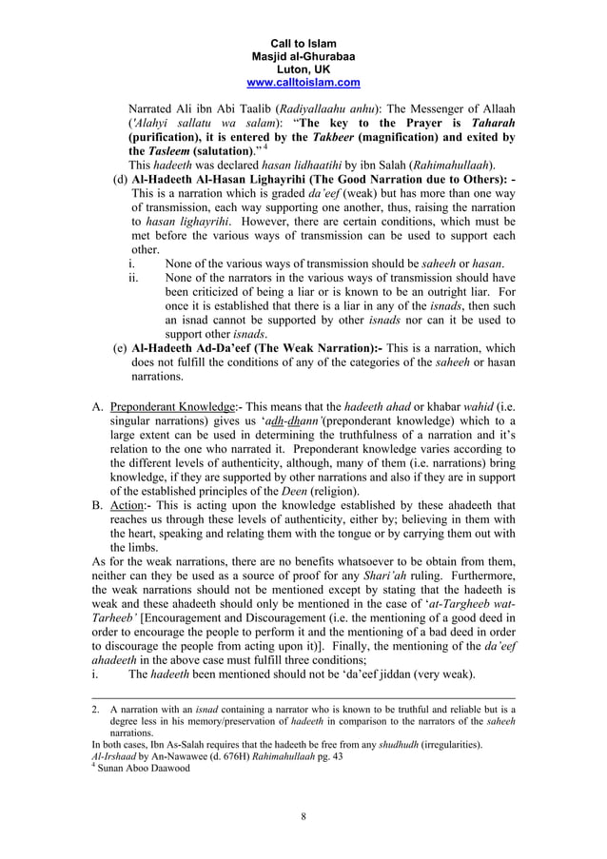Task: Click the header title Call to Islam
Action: click(303, 44)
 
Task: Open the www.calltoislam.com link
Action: click(303, 83)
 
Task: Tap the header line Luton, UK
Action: click(303, 69)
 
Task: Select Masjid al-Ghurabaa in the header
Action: click(303, 57)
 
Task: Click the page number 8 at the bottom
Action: click(303, 816)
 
